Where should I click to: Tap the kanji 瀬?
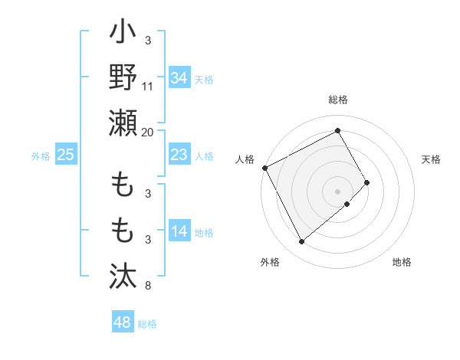click(123, 123)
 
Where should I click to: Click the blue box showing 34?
click(179, 77)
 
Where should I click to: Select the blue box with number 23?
click(179, 155)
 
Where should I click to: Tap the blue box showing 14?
click(179, 231)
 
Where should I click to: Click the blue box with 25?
click(66, 155)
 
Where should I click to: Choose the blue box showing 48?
click(123, 322)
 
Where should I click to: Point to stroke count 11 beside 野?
click(148, 87)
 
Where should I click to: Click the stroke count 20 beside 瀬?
click(148, 133)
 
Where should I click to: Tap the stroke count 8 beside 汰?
click(148, 286)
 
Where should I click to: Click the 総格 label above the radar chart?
click(338, 100)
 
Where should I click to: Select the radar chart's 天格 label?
click(431, 159)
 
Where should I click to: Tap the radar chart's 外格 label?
click(270, 262)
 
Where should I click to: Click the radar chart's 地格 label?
click(402, 262)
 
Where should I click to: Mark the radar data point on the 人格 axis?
click(264, 167)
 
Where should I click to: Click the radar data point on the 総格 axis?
click(338, 130)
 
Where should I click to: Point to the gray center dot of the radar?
click(338, 191)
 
